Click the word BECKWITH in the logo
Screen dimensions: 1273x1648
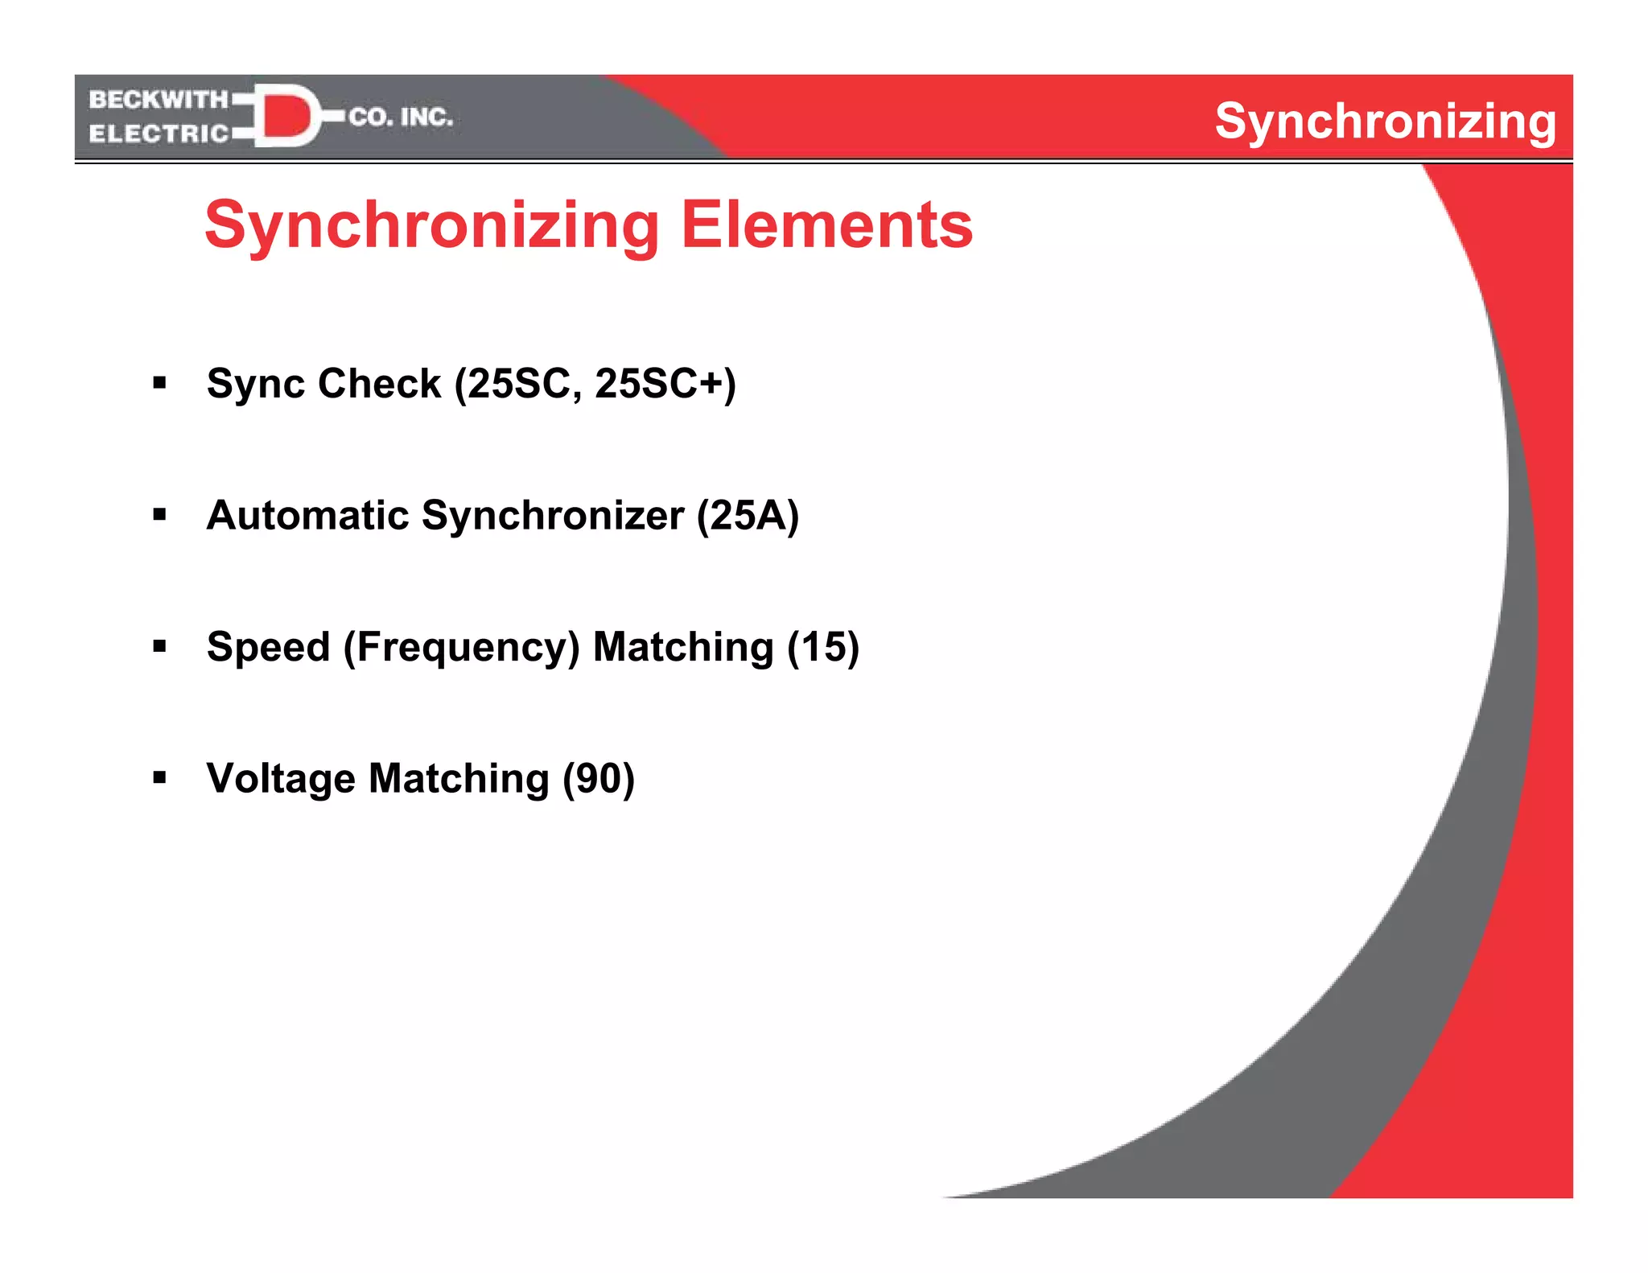click(x=159, y=100)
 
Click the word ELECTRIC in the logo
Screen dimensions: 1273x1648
click(x=159, y=134)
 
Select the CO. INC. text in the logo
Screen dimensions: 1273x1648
click(x=400, y=117)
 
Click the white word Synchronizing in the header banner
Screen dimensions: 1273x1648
click(x=1385, y=122)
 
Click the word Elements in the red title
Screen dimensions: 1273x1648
click(x=827, y=225)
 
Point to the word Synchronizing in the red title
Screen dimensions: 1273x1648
click(x=432, y=227)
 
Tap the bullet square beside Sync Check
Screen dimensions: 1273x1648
click(x=159, y=382)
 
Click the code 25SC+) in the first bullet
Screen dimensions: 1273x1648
click(x=665, y=384)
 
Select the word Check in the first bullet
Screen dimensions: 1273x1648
click(x=379, y=384)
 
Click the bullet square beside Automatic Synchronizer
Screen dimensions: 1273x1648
click(x=159, y=514)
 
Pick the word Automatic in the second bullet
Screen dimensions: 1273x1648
click(x=307, y=516)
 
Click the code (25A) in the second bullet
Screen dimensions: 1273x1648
click(x=748, y=516)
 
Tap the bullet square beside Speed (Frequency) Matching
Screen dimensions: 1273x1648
click(x=159, y=645)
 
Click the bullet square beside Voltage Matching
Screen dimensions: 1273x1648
click(x=159, y=777)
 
